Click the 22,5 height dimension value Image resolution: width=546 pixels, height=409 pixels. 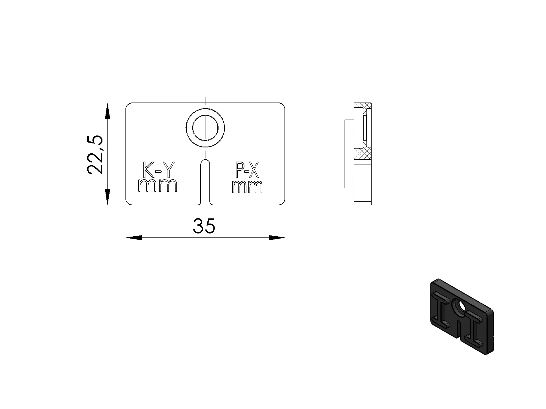95,154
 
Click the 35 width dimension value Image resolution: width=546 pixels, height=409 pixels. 204,226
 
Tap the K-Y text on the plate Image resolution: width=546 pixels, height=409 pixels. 158,170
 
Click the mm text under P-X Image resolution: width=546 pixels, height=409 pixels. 247,187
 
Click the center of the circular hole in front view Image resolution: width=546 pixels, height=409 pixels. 205,128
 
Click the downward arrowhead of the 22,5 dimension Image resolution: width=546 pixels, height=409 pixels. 107,197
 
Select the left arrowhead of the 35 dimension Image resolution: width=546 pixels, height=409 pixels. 134,238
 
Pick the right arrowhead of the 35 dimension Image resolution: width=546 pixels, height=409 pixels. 277,238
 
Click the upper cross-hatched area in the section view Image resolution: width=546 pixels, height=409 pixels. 363,105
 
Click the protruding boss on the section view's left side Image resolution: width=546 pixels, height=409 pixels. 349,153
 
